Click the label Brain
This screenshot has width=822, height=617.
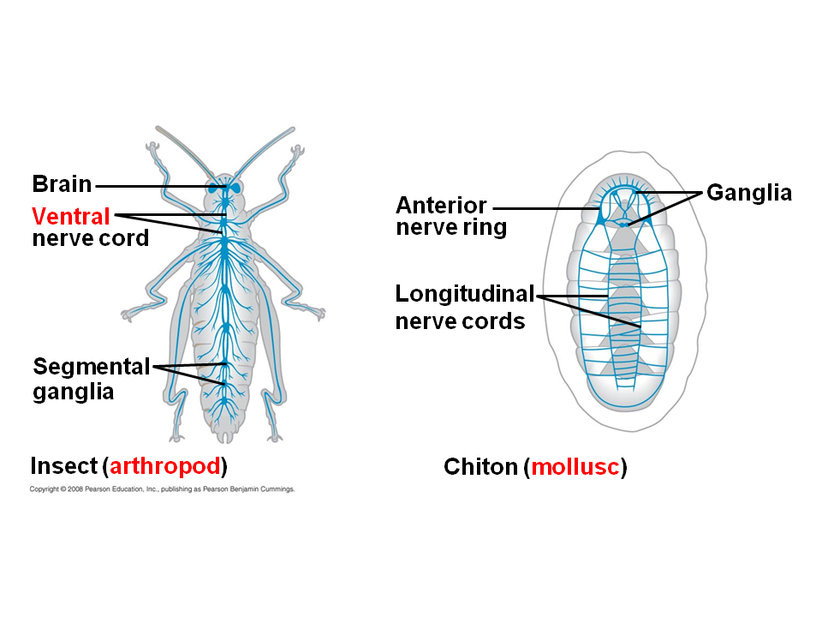(x=62, y=184)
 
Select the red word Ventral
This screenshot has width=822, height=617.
(x=71, y=215)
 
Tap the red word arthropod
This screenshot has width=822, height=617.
(x=166, y=467)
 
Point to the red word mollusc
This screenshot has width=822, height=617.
(x=575, y=468)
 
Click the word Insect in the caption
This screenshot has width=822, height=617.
(x=63, y=467)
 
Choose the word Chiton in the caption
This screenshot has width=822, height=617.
(x=480, y=468)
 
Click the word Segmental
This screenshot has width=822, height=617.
(x=91, y=367)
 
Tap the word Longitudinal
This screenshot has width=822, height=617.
(x=464, y=295)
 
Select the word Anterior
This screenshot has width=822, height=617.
(x=440, y=206)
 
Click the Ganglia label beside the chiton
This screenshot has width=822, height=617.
(x=748, y=194)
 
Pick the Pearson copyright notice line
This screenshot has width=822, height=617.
(x=162, y=489)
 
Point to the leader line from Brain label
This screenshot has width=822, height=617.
(x=154, y=185)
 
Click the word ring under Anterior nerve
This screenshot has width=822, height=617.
(x=485, y=228)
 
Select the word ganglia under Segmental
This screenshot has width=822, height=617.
(x=73, y=392)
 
